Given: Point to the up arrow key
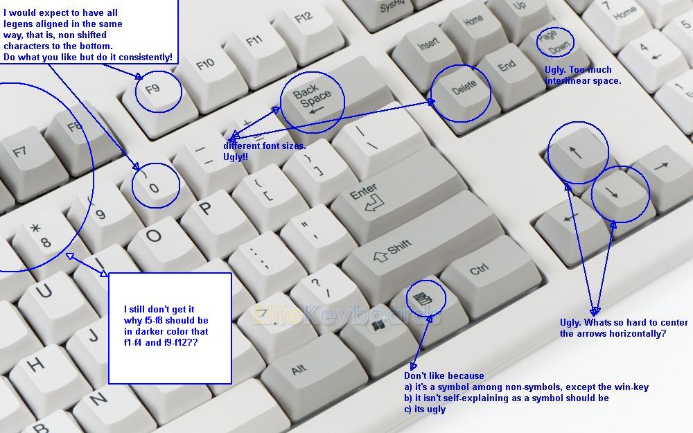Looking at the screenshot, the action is (x=577, y=154).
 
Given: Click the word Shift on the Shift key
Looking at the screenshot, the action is (x=400, y=247).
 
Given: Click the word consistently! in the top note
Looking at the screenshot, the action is (x=146, y=57).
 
